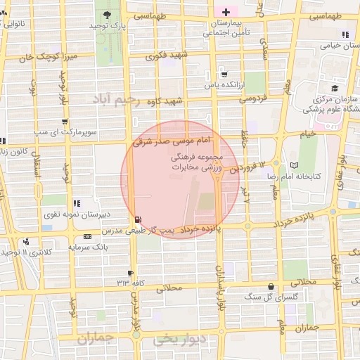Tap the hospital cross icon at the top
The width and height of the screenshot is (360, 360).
coord(226,12)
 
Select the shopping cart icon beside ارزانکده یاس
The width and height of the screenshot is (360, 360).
coord(224,74)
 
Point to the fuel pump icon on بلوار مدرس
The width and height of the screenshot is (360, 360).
coord(136,219)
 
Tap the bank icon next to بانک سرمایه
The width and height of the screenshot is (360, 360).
coord(87,236)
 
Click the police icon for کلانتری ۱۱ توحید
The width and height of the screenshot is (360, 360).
coord(26,241)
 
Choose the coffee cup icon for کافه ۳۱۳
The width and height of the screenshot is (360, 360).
coord(130,273)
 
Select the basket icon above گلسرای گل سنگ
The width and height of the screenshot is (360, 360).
coord(271,286)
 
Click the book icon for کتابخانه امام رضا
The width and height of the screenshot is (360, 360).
coord(294,165)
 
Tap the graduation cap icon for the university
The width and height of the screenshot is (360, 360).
coord(335,88)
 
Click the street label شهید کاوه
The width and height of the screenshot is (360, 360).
coord(165,101)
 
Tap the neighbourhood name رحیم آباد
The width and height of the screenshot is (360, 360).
coord(117,101)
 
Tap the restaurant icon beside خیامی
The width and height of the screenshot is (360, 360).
coord(345,34)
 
